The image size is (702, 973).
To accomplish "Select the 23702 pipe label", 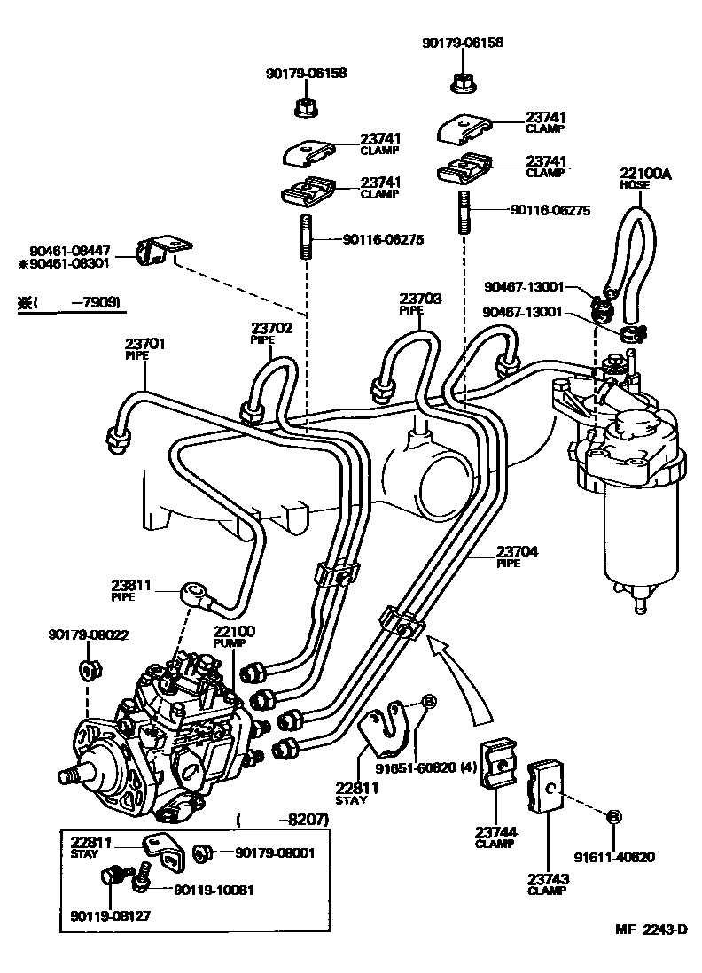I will pyautogui.click(x=270, y=332).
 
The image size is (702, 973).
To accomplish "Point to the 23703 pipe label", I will pyautogui.click(x=419, y=305).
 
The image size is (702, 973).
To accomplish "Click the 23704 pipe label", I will pyautogui.click(x=517, y=556).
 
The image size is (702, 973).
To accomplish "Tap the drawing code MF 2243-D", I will pyautogui.click(x=651, y=929).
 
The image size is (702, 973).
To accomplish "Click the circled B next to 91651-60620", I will pyautogui.click(x=426, y=702).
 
